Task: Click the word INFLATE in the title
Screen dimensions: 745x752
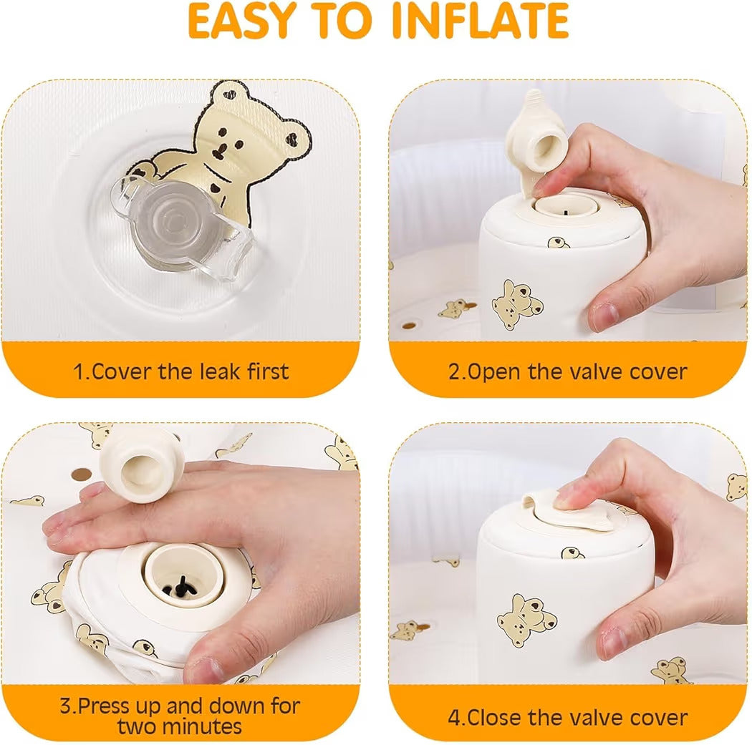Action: tap(480, 22)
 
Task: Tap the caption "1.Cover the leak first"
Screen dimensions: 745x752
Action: tap(180, 371)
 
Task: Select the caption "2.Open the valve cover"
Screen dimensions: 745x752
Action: tap(568, 371)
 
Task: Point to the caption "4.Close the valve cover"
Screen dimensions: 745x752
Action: tap(568, 716)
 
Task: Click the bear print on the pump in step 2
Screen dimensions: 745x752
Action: tap(516, 303)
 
